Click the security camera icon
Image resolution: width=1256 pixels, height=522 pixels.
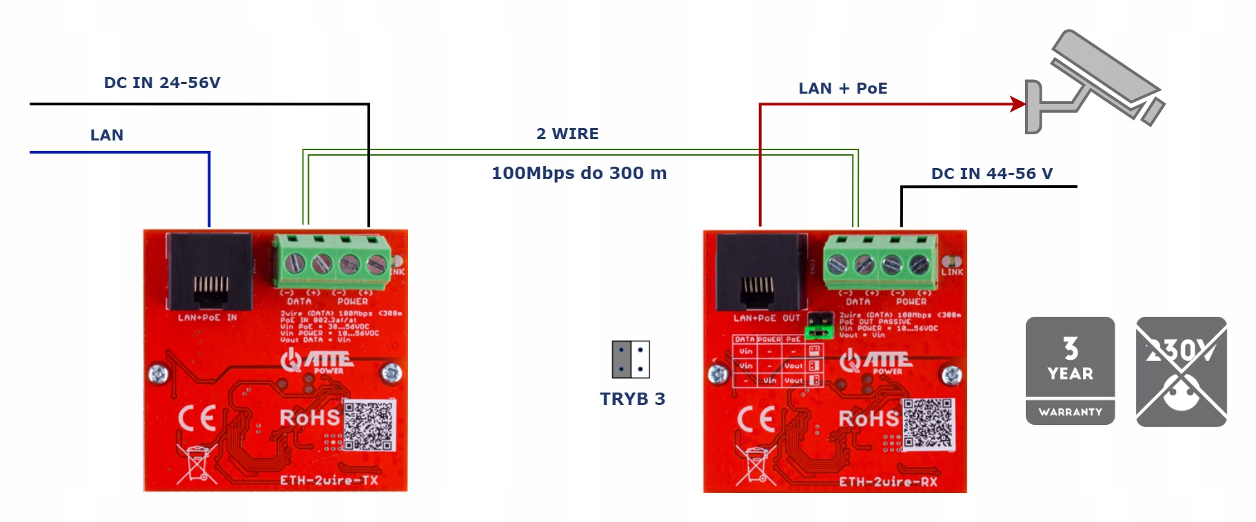[x=1096, y=83]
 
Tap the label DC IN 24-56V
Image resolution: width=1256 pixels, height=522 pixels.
[x=162, y=83]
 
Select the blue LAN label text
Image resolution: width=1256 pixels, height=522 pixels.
[x=107, y=135]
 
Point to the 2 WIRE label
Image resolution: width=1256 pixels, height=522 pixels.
[x=567, y=134]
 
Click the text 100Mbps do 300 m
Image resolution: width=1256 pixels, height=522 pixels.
[x=579, y=173]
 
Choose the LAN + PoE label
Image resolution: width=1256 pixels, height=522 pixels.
[x=842, y=88]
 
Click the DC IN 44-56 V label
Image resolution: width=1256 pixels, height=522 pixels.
[x=991, y=174]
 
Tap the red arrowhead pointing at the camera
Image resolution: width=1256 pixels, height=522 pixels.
[x=1017, y=104]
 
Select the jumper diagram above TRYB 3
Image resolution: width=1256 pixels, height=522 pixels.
[x=631, y=359]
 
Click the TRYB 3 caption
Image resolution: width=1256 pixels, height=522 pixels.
[x=632, y=399]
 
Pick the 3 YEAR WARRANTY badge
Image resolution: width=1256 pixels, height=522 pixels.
[x=1070, y=370]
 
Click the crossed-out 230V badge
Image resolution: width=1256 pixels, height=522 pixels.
[x=1181, y=371]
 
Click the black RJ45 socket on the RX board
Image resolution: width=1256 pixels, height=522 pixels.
[x=761, y=273]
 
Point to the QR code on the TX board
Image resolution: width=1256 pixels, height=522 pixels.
[x=369, y=425]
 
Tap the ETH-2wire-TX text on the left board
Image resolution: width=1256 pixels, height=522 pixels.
[x=329, y=480]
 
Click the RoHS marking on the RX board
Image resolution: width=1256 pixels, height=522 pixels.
[x=868, y=418]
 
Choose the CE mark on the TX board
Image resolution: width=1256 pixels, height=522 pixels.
[x=197, y=418]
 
